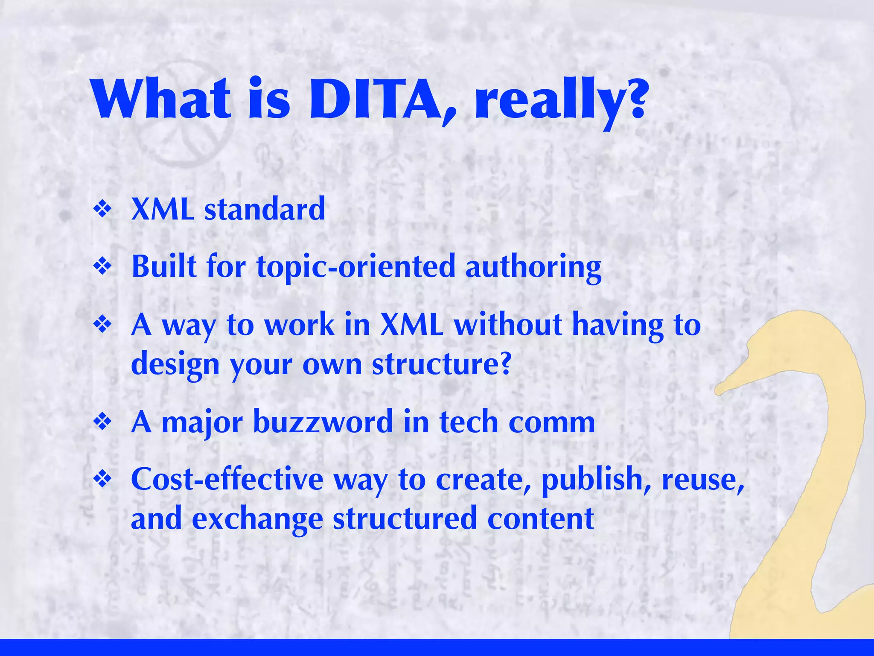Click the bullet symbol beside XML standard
coord(102,210)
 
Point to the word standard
coord(265,210)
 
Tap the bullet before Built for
coord(102,267)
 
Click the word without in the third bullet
coord(508,325)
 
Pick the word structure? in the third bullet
coord(441,364)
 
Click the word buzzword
coord(323,422)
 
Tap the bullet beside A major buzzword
coord(102,422)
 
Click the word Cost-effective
coord(227,479)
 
